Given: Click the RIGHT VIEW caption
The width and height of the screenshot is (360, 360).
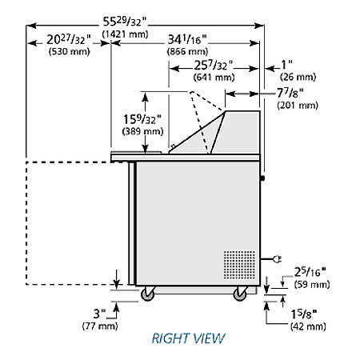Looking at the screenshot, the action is click(188, 338).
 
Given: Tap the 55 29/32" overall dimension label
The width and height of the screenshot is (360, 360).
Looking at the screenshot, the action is click(125, 22).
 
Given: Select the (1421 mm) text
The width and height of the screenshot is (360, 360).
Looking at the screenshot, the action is click(125, 34).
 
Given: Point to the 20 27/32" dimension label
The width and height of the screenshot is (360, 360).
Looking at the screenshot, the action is click(69, 40).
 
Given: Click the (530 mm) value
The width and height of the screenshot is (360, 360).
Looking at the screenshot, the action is click(69, 51).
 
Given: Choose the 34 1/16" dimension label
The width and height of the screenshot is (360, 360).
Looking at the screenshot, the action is click(187, 40).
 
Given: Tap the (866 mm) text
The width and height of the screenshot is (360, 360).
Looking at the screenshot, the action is click(187, 51).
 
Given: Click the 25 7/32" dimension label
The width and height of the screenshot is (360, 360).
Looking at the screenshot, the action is click(213, 66).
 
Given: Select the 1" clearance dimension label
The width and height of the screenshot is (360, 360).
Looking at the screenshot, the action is click(287, 65).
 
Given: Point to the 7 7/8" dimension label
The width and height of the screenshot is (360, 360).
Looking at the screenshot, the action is click(290, 94).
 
